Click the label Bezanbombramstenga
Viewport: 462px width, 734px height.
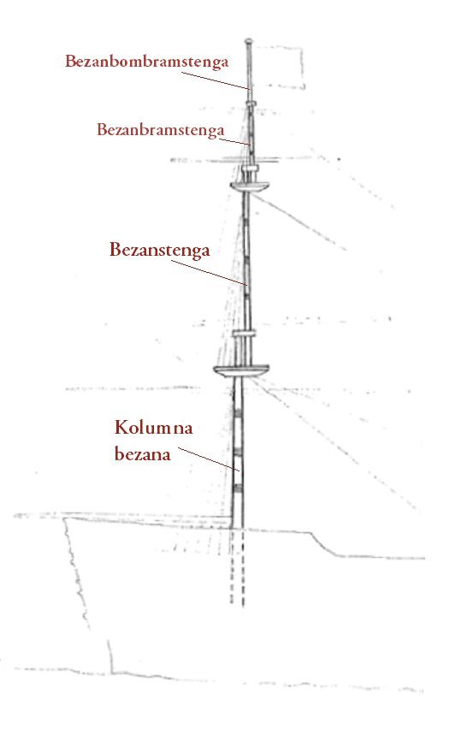coord(146,62)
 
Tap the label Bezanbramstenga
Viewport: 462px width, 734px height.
coord(161,130)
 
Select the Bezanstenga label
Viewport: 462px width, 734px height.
coord(160,250)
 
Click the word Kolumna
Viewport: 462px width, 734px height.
coord(153,428)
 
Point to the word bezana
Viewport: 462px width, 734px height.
coord(142,454)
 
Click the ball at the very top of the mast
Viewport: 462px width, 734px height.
coord(249,41)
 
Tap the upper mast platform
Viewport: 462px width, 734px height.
coord(251,186)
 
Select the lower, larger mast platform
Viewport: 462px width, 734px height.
coord(241,370)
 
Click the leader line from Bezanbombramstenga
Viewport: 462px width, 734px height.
coord(216,80)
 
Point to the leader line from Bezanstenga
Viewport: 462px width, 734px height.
coord(209,272)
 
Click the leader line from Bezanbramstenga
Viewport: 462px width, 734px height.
coord(234,141)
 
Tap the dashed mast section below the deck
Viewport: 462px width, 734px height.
coord(237,567)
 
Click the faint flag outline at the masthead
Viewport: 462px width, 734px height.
coord(281,67)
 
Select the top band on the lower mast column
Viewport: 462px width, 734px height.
coord(238,413)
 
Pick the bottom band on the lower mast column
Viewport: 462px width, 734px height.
coord(238,488)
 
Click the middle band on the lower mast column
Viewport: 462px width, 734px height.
coord(238,451)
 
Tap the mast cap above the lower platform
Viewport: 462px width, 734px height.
coord(245,334)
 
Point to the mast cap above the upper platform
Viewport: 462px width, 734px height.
coord(251,168)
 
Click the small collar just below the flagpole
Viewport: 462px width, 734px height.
coord(252,104)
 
